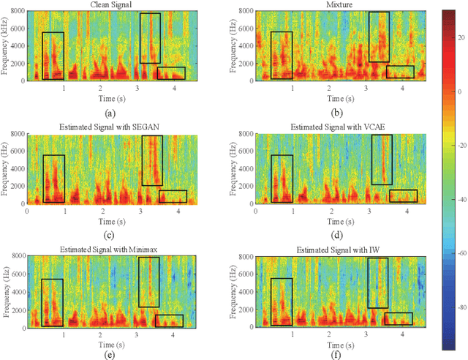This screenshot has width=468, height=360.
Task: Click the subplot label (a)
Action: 110,113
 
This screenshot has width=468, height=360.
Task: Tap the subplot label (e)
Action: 110,356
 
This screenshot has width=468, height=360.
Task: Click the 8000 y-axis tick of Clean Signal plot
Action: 16,11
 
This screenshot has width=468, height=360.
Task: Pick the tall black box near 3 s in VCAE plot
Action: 382,160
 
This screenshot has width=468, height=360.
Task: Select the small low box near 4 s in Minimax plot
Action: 169,320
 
